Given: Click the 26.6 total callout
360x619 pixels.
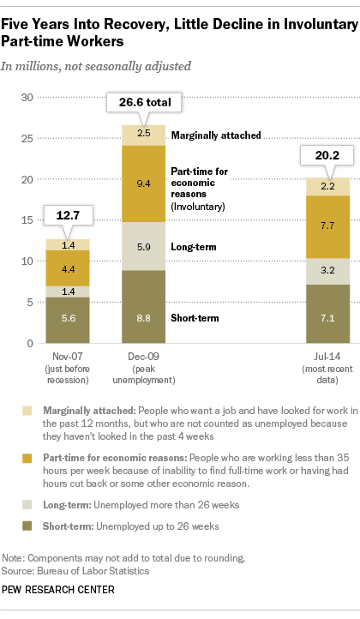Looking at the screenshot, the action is pyautogui.click(x=145, y=103).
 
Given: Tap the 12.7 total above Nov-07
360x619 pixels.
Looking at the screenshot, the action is pyautogui.click(x=68, y=215).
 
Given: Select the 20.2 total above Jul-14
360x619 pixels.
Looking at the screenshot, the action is pyautogui.click(x=327, y=155).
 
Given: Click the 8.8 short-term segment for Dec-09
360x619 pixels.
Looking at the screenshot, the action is pyautogui.click(x=143, y=307).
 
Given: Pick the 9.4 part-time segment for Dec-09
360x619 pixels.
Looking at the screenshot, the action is pyautogui.click(x=143, y=183).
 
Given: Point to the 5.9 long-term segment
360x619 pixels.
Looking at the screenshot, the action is pyautogui.click(x=143, y=246).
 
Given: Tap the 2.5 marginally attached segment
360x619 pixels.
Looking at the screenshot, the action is pyautogui.click(x=143, y=135).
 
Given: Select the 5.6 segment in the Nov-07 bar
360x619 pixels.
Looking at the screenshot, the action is pyautogui.click(x=68, y=320).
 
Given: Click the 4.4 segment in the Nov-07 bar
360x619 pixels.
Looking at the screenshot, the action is pyautogui.click(x=68, y=268).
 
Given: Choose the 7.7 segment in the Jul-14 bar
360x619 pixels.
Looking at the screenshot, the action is pyautogui.click(x=328, y=227).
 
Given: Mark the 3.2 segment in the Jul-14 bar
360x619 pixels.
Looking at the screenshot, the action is pyautogui.click(x=328, y=272).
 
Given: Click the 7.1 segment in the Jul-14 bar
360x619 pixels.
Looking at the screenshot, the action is pyautogui.click(x=328, y=314).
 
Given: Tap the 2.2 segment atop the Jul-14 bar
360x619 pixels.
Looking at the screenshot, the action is pyautogui.click(x=328, y=187).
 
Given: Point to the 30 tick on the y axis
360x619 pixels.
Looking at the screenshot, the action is pyautogui.click(x=27, y=97).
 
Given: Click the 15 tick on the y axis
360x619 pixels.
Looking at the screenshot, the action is pyautogui.click(x=27, y=219).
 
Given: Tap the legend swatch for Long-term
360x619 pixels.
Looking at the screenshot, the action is pyautogui.click(x=27, y=505).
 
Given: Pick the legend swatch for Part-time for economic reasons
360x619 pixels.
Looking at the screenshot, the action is pyautogui.click(x=27, y=458).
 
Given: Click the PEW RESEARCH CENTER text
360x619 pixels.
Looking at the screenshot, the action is pyautogui.click(x=58, y=590).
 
